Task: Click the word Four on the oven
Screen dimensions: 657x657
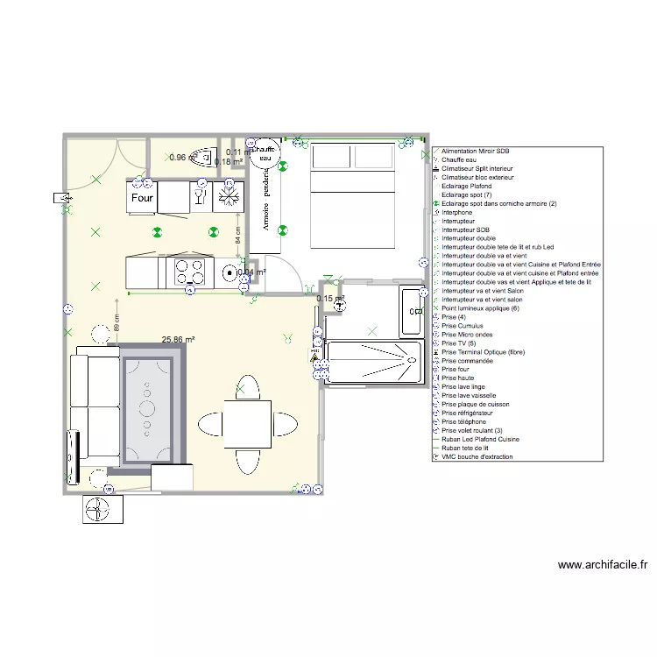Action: (142, 198)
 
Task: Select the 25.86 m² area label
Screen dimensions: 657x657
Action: (178, 339)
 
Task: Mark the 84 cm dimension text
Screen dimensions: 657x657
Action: (237, 235)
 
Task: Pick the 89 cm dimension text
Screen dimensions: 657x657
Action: (117, 323)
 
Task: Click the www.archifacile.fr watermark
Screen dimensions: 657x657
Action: (602, 565)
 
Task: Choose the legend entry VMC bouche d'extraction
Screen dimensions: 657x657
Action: (477, 456)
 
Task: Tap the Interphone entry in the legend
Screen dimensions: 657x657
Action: (457, 212)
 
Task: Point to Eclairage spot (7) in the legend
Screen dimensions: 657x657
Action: (467, 194)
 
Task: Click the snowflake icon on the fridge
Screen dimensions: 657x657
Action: (230, 197)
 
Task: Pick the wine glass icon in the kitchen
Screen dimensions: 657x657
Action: (200, 198)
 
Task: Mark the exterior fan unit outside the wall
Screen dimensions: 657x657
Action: (102, 509)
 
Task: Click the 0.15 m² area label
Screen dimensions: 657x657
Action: (329, 299)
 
